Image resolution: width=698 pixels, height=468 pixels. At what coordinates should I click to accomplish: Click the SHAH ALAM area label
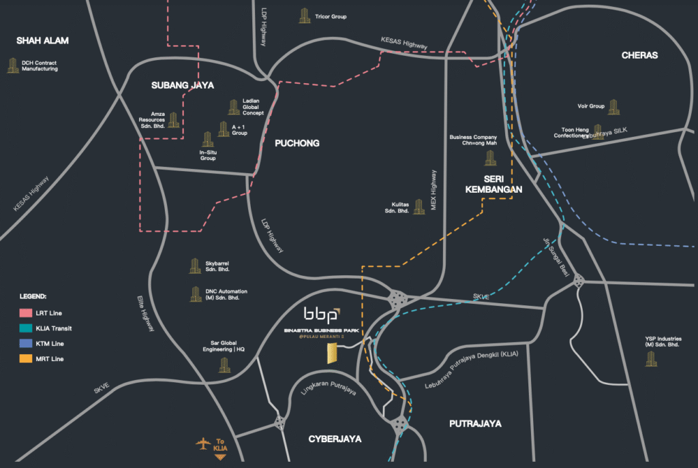tap(43, 41)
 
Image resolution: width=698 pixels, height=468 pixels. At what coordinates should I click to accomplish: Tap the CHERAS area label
tap(639, 55)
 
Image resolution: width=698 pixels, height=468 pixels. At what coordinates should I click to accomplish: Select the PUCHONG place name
tap(297, 143)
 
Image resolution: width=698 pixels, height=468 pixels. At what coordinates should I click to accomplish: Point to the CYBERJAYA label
tap(334, 439)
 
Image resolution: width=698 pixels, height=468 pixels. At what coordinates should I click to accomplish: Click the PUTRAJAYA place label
tap(475, 424)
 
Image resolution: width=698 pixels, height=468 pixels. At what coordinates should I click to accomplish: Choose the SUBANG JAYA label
tap(183, 85)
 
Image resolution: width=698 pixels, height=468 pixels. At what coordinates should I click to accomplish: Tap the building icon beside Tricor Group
tap(305, 16)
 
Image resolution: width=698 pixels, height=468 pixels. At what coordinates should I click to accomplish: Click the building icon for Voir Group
tap(613, 106)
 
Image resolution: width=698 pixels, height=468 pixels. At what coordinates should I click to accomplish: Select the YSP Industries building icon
tap(652, 359)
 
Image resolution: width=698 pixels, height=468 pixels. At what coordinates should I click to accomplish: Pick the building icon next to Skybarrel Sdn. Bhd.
tap(195, 266)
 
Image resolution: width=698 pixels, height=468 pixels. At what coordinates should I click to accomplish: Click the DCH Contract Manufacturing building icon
tap(12, 65)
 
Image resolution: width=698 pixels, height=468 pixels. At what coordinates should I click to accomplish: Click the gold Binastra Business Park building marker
tap(332, 354)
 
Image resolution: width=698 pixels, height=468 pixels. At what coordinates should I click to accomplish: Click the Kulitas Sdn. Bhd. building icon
tap(419, 206)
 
